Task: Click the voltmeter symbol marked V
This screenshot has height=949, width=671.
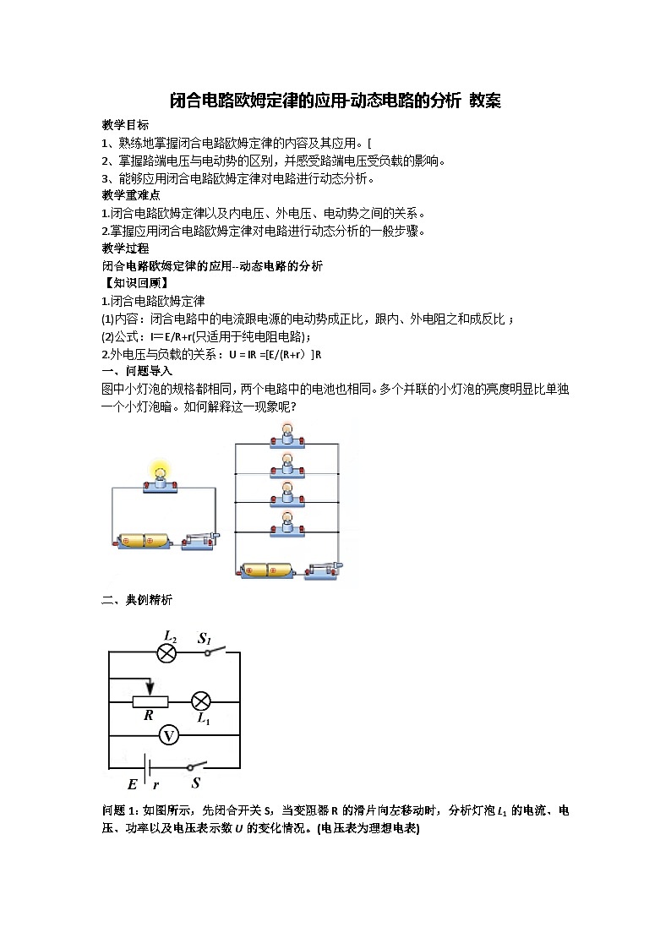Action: [x=169, y=736]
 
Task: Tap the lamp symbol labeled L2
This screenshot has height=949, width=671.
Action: [x=166, y=652]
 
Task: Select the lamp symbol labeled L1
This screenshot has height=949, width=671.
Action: [x=201, y=701]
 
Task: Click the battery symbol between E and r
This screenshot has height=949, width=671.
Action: [x=146, y=767]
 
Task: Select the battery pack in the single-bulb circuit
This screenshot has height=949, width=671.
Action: [x=144, y=541]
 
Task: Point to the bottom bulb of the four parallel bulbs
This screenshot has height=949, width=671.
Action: [x=286, y=522]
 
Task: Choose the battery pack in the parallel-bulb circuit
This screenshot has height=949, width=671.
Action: [x=269, y=571]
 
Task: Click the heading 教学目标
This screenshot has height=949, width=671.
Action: [x=125, y=124]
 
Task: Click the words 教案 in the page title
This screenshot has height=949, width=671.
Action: [x=485, y=101]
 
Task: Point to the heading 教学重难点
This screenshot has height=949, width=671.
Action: [x=131, y=195]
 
